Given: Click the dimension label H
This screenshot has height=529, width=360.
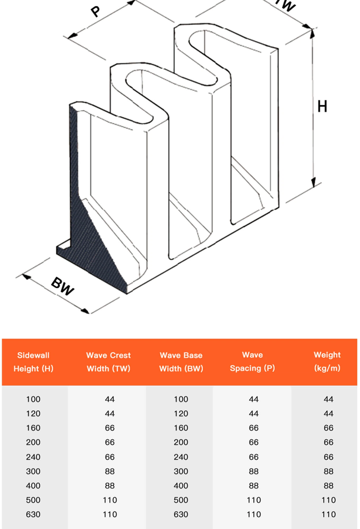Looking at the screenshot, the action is (x=322, y=106).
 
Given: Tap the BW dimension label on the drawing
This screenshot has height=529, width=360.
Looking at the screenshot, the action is (x=62, y=286).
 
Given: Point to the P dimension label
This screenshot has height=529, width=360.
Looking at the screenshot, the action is (x=95, y=11).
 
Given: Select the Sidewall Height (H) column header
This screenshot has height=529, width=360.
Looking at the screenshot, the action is (x=33, y=362).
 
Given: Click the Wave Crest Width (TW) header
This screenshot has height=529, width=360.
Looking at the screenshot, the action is (x=109, y=362).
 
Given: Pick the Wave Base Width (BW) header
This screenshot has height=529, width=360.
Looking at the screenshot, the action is (x=181, y=362).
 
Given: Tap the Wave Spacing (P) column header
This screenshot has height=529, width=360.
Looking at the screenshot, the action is (x=253, y=361).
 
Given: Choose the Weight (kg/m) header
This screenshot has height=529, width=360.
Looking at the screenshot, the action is (x=327, y=361).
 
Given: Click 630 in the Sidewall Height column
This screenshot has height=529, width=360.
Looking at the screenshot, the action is (x=33, y=514).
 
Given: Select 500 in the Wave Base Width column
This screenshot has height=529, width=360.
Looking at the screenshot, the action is (x=181, y=500).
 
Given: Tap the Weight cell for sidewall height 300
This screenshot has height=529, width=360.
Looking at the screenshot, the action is (x=328, y=471).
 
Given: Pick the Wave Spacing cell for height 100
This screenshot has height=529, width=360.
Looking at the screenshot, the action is (x=254, y=399).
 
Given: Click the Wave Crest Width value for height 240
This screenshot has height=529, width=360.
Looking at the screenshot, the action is (x=110, y=457).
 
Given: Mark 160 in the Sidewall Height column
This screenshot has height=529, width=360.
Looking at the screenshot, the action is (x=33, y=428).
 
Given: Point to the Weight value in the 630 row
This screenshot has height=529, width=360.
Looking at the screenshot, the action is (x=328, y=514).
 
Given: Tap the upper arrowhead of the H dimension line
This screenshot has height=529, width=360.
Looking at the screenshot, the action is (x=312, y=33).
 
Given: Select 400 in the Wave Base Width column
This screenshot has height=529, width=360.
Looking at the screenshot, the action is (x=181, y=486).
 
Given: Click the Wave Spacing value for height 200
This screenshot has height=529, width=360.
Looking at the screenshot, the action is (x=254, y=442).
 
